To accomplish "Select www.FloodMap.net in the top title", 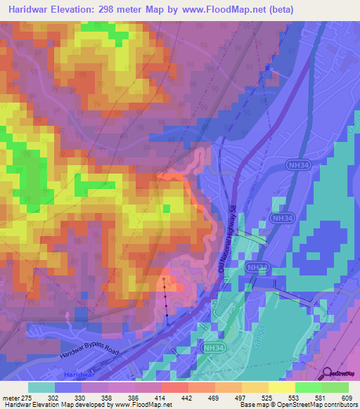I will [x=220, y=9].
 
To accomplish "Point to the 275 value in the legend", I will [x=27, y=398].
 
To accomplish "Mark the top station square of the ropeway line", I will [x=164, y=279].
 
